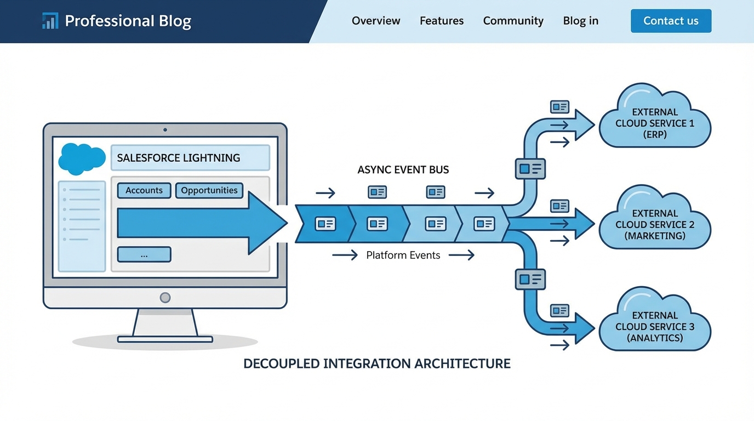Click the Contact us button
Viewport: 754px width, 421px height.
(x=671, y=21)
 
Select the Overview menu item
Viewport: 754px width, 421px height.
(x=376, y=21)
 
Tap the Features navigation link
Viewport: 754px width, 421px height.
(x=442, y=21)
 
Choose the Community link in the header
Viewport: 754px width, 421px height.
(x=513, y=21)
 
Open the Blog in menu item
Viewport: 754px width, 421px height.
(x=580, y=21)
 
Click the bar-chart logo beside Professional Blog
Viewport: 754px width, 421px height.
(x=50, y=21)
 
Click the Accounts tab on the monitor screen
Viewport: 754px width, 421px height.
(x=144, y=190)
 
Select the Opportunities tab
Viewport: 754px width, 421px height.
(x=209, y=190)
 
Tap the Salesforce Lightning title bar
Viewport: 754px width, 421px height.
(x=190, y=158)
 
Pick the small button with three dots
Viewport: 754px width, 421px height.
(x=144, y=254)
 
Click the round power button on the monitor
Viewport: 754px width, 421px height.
(x=165, y=298)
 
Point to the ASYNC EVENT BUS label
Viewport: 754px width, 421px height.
(x=403, y=170)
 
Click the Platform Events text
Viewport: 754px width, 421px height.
(x=403, y=255)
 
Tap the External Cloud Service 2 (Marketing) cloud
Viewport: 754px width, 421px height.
(x=655, y=221)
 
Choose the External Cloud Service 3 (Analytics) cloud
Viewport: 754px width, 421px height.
(x=655, y=323)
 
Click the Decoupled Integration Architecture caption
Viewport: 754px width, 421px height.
(x=377, y=363)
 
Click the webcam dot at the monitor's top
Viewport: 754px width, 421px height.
(x=165, y=130)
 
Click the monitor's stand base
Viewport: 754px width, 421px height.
(x=165, y=339)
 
